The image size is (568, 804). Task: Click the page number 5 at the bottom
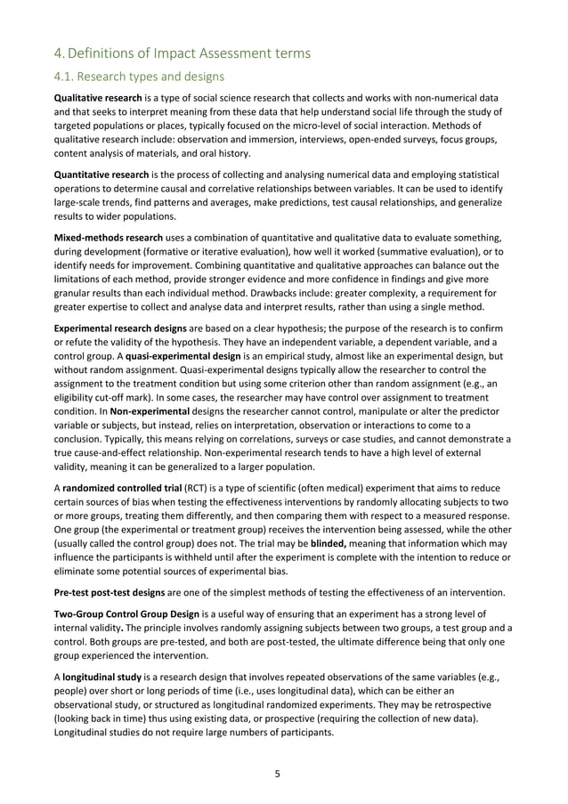pyautogui.click(x=277, y=773)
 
